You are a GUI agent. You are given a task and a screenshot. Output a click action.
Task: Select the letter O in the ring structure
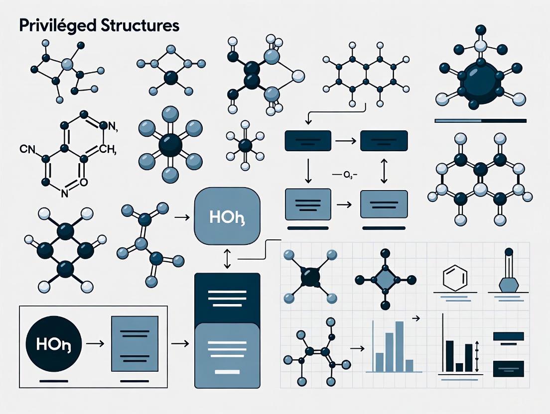(83, 182)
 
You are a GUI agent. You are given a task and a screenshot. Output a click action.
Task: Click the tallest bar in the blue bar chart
(400, 346)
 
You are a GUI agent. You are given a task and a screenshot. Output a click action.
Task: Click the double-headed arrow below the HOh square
(228, 259)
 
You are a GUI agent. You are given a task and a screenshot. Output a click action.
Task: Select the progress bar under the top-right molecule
(480, 120)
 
